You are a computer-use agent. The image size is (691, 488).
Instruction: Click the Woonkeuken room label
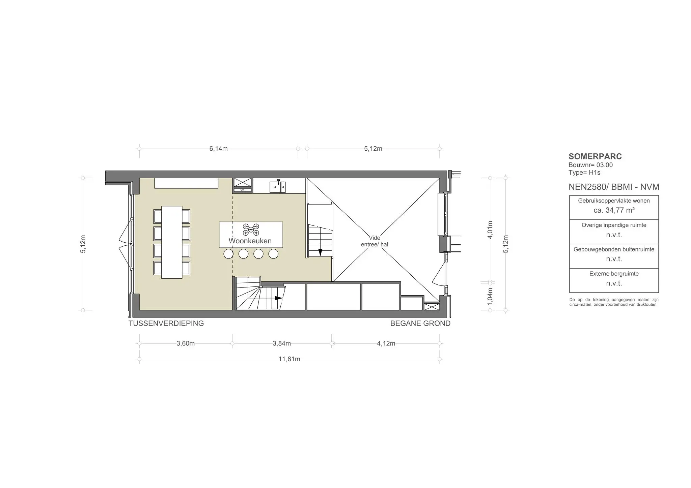[x=250, y=241]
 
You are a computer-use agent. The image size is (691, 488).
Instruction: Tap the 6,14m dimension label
[x=219, y=149]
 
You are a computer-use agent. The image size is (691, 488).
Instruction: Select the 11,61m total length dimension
[x=289, y=359]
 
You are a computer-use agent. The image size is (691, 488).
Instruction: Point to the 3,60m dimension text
[x=186, y=343]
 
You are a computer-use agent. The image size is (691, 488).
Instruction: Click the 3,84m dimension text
[x=282, y=343]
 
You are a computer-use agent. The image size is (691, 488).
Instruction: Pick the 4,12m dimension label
[x=386, y=343]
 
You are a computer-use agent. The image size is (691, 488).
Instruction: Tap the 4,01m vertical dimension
[x=490, y=230]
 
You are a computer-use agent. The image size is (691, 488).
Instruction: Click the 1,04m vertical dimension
[x=490, y=297]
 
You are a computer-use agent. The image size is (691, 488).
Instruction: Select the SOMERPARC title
[x=595, y=156]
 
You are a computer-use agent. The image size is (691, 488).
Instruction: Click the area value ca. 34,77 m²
[x=614, y=210]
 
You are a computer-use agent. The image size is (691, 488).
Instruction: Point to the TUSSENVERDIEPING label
[x=166, y=324]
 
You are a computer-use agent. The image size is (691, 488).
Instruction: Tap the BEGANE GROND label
[x=420, y=324]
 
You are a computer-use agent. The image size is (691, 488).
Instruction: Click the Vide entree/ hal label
[x=375, y=241]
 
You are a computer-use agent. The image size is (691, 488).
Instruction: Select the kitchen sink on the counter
[x=278, y=186]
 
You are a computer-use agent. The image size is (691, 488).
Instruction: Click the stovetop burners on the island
[x=251, y=229]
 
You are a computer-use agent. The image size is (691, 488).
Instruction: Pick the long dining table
[x=172, y=242]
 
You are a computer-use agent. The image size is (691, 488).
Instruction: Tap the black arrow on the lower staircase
[x=278, y=298]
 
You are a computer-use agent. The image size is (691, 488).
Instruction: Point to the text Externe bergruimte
[x=614, y=274]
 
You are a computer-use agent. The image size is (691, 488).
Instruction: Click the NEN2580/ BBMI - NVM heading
[x=614, y=187]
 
